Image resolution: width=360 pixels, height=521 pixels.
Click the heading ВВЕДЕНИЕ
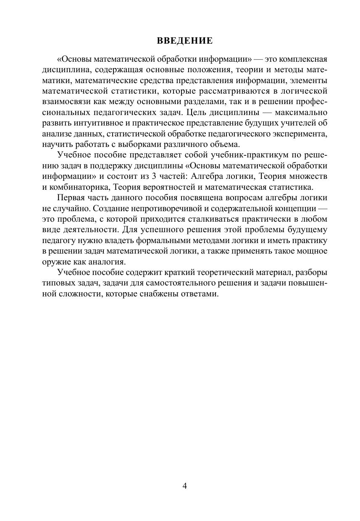(185, 41)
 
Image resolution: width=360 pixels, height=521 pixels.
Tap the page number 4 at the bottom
(185, 486)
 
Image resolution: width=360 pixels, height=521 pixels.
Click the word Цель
(195, 113)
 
